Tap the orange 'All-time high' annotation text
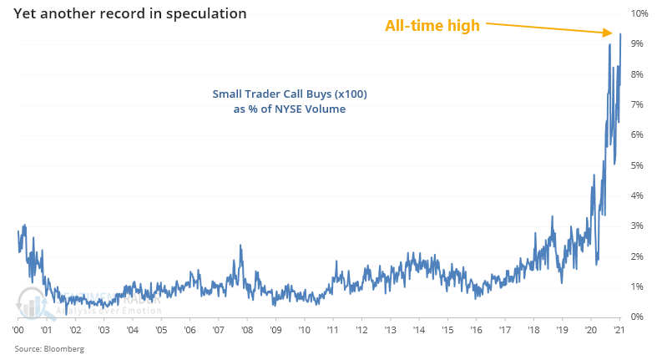(432, 26)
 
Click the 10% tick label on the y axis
(638, 14)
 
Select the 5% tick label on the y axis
(638, 165)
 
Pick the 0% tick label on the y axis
(638, 317)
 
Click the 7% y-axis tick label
(638, 104)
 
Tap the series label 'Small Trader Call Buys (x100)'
(290, 94)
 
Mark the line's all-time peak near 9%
(620, 33)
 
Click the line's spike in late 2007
(240, 245)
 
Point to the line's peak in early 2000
(25, 225)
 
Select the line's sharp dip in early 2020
(596, 264)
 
